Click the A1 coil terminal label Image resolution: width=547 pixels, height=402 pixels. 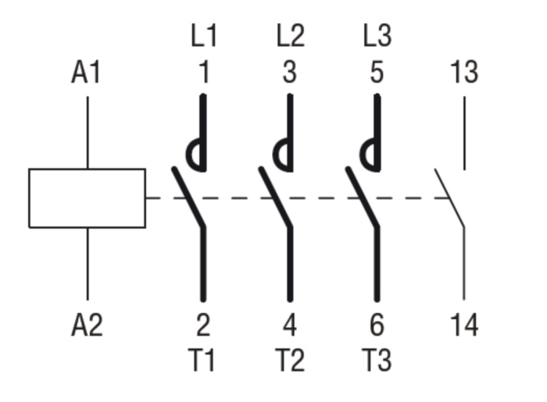point(87,73)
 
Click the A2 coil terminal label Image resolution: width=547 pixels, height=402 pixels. point(87,325)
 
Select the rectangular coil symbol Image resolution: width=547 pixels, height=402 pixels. point(87,198)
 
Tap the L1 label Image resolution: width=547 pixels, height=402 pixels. point(203,36)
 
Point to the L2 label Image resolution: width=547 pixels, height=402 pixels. point(290,36)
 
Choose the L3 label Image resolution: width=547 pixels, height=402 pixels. point(377,36)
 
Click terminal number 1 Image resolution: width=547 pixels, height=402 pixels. point(203,73)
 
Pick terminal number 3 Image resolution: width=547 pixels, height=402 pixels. point(290,73)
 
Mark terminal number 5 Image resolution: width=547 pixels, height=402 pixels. point(377,73)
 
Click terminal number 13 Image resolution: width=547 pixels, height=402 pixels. point(464,73)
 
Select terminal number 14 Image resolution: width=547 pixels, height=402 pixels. point(464,325)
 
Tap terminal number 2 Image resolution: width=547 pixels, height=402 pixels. point(203,325)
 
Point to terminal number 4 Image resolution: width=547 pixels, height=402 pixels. point(290,325)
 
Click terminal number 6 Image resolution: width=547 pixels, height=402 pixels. point(377,325)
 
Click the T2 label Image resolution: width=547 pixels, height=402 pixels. point(289,361)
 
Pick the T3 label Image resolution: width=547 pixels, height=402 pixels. point(376,361)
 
